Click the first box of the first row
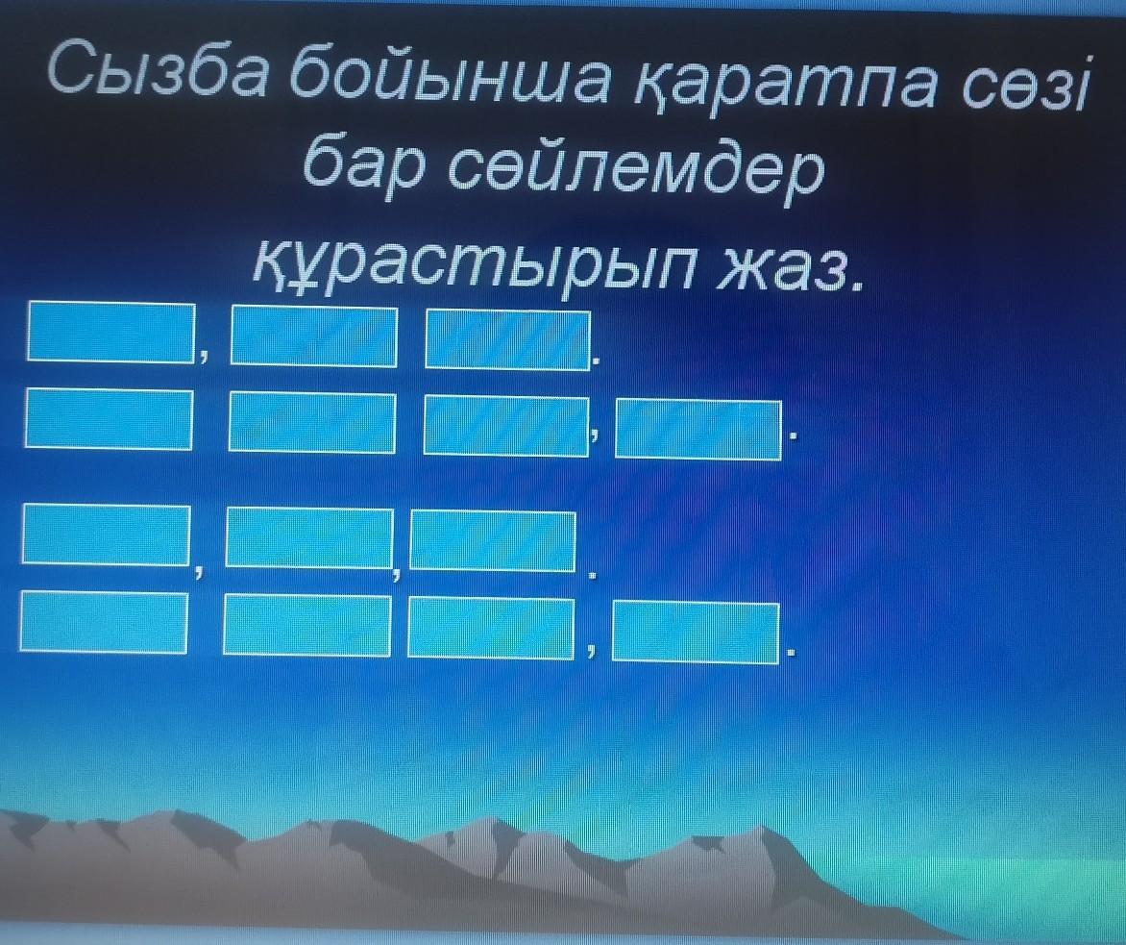[x=111, y=332]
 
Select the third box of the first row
[x=507, y=338]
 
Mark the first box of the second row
[x=109, y=418]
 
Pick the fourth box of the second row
[x=698, y=429]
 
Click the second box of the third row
[x=309, y=537]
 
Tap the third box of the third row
[x=493, y=541]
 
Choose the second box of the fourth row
[x=307, y=625]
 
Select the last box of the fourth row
[x=696, y=634]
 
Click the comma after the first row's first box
[x=204, y=354]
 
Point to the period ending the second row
[x=793, y=435]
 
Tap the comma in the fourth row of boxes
[x=591, y=652]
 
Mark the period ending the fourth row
[x=792, y=654]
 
